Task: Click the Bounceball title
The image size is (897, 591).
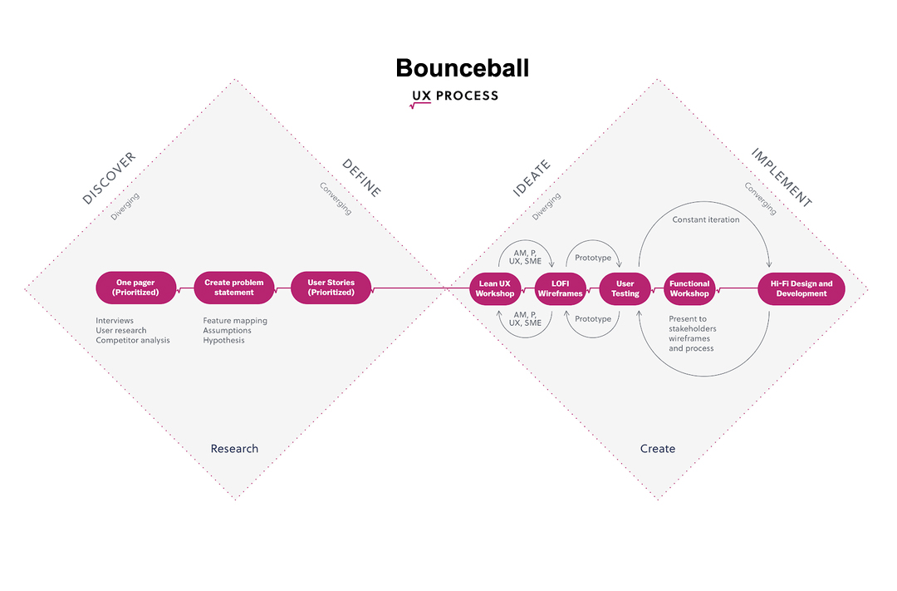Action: (x=462, y=67)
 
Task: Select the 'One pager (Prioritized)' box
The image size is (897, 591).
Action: (x=136, y=288)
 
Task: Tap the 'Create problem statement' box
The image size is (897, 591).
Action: (x=234, y=288)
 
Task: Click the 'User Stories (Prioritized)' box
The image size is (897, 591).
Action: (x=331, y=288)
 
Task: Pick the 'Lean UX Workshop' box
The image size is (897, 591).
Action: (x=495, y=288)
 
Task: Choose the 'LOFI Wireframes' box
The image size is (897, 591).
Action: (x=560, y=288)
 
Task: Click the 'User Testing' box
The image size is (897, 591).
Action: (x=625, y=288)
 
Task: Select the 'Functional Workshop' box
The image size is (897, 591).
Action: (x=689, y=288)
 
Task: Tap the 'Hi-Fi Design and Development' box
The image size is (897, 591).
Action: (x=801, y=288)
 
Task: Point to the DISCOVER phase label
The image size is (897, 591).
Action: (x=109, y=179)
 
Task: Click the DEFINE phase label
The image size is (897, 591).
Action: (x=361, y=178)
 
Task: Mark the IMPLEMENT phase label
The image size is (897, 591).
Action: (x=781, y=177)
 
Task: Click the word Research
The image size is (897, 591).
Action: (x=234, y=449)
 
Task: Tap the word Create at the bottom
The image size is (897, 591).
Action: (x=658, y=449)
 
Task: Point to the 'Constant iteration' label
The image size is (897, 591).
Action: (x=705, y=219)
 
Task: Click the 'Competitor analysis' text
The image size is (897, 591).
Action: (x=133, y=340)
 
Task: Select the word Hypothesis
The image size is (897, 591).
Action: (x=224, y=340)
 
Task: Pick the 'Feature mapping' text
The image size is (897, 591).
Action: (x=235, y=320)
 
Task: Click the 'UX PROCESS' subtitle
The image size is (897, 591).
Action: (x=455, y=96)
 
